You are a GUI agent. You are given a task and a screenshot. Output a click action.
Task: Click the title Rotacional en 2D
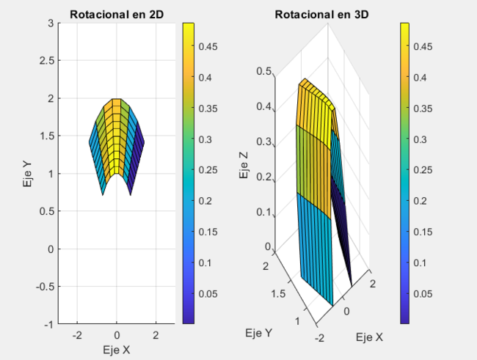(x=117, y=15)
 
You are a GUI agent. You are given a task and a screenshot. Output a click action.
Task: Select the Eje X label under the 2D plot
(x=117, y=350)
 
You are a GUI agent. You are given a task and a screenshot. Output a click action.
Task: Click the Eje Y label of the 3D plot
(x=259, y=333)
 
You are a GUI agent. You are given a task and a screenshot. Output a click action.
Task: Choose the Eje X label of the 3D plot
(x=368, y=337)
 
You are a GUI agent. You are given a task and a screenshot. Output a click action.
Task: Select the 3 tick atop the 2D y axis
(x=52, y=23)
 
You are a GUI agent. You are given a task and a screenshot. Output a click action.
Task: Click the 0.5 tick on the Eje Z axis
(x=263, y=71)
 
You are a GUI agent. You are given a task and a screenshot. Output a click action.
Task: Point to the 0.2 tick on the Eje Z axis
(x=263, y=179)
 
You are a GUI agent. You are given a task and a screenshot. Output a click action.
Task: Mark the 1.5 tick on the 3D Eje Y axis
(x=277, y=293)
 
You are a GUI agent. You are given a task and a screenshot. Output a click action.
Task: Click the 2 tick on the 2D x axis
(x=156, y=335)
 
